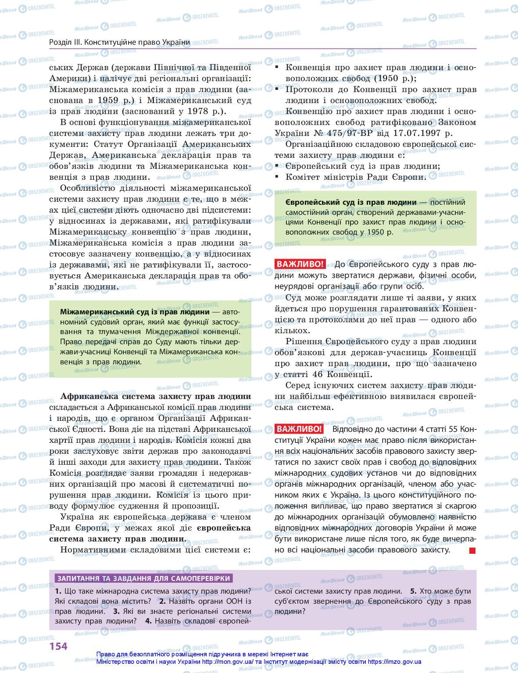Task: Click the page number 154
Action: coord(58,645)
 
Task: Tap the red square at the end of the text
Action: coord(472,551)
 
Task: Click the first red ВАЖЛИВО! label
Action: coord(300,264)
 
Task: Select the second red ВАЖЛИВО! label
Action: coord(299,429)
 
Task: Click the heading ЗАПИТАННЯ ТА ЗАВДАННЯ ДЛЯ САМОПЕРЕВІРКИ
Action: coord(144,578)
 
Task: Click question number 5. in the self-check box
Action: coord(413,591)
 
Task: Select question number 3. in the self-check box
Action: coord(116,611)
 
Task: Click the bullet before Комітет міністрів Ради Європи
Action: coord(277,177)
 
